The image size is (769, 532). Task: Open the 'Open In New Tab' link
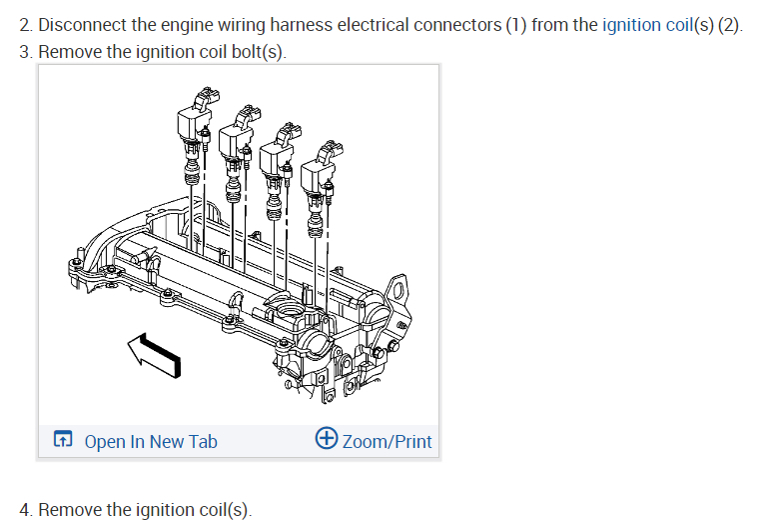click(150, 441)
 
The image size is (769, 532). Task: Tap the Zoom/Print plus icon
click(327, 440)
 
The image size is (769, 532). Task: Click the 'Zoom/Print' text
click(387, 441)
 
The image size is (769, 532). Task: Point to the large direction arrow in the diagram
click(155, 354)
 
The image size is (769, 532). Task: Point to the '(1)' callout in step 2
click(514, 25)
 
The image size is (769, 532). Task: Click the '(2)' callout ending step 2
click(730, 25)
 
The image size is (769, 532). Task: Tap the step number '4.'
click(26, 509)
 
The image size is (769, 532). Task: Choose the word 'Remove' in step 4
click(70, 509)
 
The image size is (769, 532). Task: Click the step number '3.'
click(26, 52)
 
